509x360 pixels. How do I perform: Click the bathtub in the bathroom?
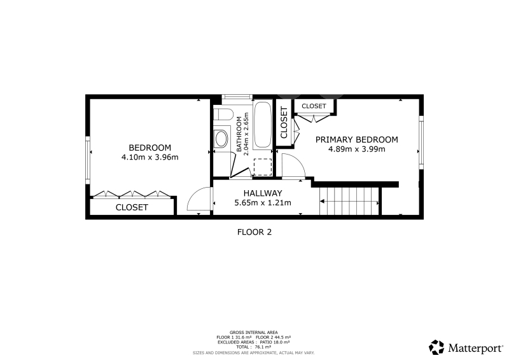click(x=262, y=125)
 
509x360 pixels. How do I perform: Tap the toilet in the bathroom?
click(x=223, y=115)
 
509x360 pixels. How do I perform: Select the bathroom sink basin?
click(x=222, y=139)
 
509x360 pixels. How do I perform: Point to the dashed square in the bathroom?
click(x=263, y=167)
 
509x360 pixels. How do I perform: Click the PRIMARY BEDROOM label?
click(x=357, y=139)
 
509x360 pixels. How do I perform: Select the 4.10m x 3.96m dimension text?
click(x=150, y=158)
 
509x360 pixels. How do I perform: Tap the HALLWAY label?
click(x=263, y=193)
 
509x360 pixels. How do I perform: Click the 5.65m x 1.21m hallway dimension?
click(x=263, y=203)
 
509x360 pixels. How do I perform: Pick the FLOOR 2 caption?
click(x=254, y=232)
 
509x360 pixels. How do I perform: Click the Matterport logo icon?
click(x=436, y=347)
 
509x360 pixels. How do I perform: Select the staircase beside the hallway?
click(x=349, y=201)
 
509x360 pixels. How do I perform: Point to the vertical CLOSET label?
click(x=284, y=122)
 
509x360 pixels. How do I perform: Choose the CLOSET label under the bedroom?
click(x=132, y=207)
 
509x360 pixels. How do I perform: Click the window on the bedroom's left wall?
click(x=88, y=160)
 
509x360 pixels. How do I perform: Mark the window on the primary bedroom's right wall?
click(x=421, y=142)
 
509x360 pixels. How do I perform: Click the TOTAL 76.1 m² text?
click(x=253, y=347)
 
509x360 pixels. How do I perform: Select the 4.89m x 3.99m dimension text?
click(x=357, y=149)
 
